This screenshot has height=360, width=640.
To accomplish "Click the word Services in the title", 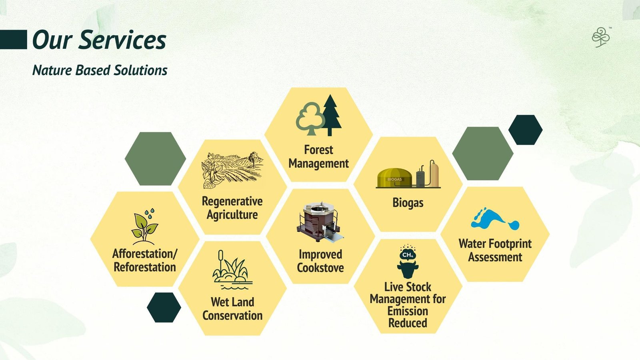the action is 122,40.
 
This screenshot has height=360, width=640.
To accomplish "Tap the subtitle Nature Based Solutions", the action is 100,70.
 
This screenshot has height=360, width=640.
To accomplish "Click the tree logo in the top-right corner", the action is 601,37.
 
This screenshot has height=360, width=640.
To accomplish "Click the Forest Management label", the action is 318,156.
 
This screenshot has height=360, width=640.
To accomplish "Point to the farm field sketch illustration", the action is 232,170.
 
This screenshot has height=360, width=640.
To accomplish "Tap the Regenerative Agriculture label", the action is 232,208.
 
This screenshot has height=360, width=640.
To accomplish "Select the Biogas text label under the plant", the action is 408,203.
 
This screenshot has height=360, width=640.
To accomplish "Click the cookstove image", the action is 320,221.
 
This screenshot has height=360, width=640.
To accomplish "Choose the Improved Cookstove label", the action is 320,261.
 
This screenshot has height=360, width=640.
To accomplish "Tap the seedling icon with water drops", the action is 145,226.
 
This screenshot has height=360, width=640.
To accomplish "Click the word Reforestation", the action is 145,268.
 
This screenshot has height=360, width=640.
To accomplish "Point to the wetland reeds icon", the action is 232,270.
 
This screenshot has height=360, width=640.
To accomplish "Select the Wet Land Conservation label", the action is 232,308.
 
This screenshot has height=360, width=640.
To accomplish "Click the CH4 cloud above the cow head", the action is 408,253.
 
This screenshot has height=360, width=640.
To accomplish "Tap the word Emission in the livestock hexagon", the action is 408,311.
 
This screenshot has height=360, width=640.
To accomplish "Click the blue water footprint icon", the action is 495,219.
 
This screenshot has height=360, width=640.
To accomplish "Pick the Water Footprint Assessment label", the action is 495,250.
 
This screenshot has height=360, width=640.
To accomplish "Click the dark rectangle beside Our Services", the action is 14,40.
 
